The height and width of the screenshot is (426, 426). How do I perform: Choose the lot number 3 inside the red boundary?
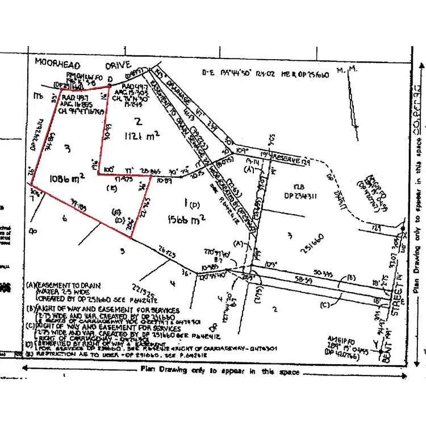click(x=67, y=149)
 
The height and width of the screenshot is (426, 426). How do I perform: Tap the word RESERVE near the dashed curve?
click(x=284, y=161)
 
